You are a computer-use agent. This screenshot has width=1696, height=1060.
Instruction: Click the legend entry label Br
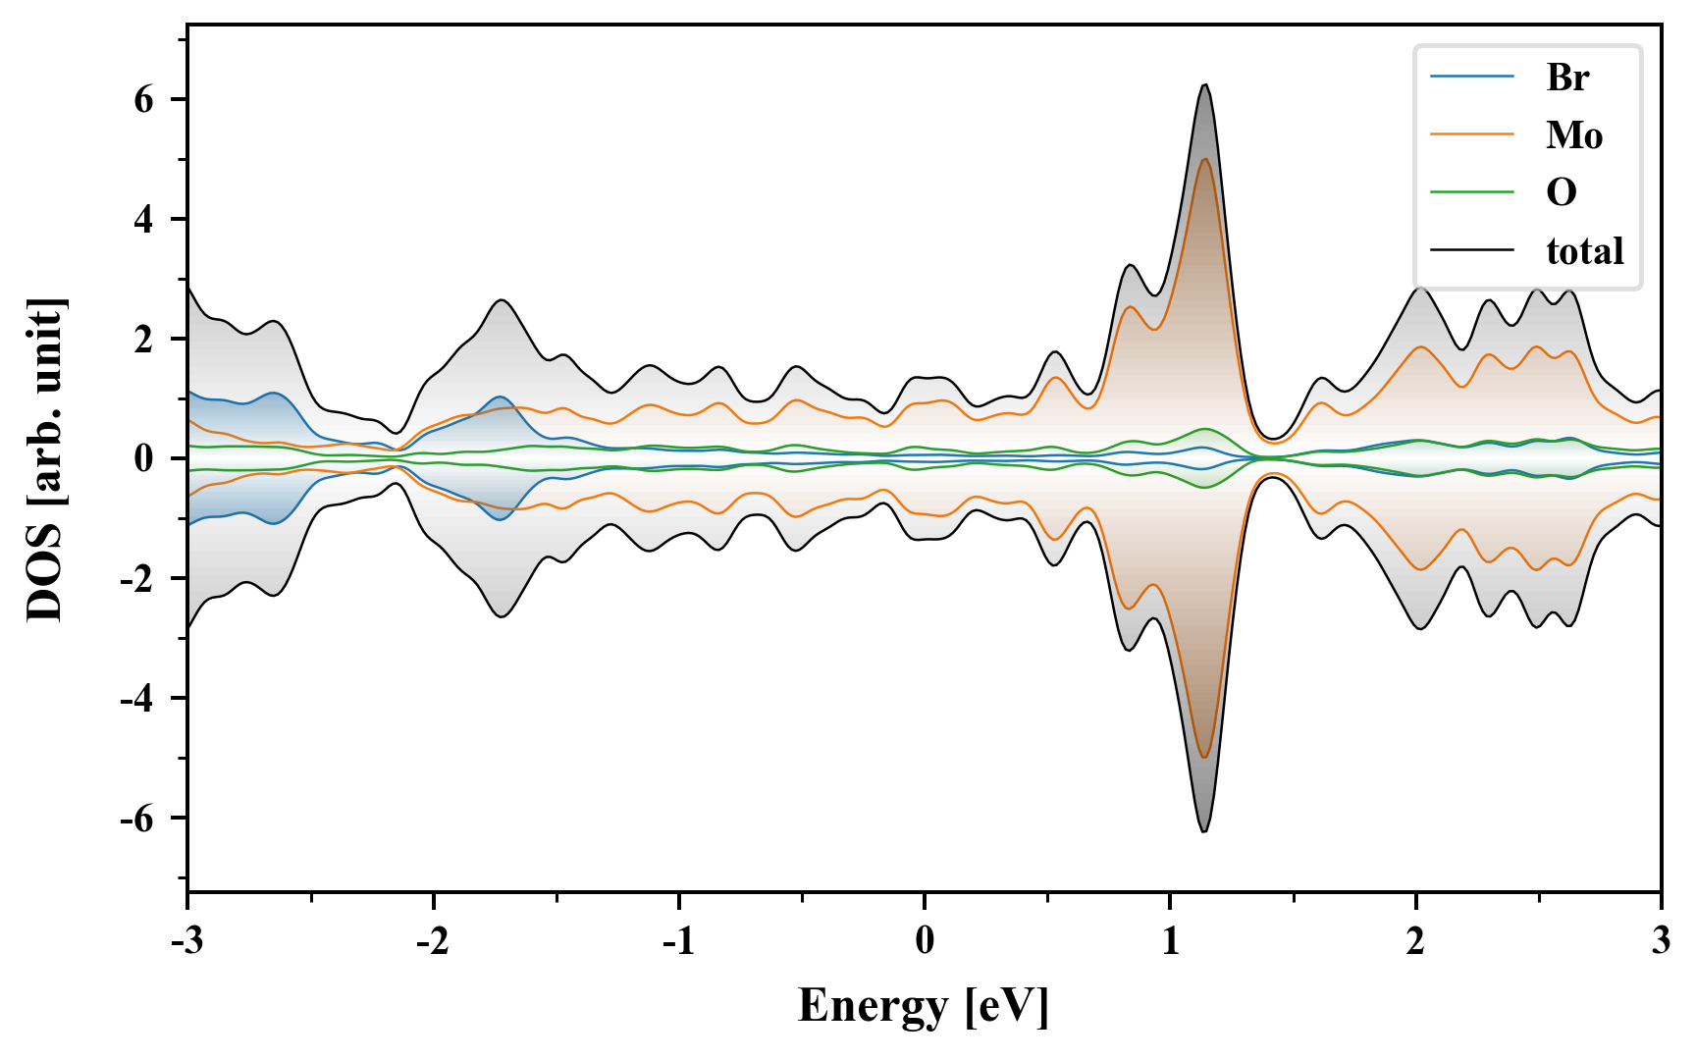click(x=1567, y=77)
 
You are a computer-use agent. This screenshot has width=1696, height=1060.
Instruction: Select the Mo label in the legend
click(x=1573, y=134)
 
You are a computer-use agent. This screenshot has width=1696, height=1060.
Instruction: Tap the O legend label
click(x=1562, y=192)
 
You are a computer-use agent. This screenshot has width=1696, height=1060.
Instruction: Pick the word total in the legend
click(x=1584, y=250)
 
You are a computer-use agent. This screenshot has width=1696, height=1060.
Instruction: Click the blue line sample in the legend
click(x=1471, y=77)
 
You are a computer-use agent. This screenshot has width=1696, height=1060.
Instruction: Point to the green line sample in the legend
click(x=1471, y=192)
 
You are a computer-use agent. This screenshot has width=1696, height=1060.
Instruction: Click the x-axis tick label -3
click(x=187, y=940)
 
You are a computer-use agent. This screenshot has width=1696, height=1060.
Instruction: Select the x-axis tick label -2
click(x=433, y=940)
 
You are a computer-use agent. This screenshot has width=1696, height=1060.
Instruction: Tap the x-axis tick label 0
click(x=925, y=940)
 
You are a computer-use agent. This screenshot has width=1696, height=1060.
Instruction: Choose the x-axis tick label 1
click(x=1170, y=940)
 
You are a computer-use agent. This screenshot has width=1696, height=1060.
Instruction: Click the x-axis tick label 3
click(x=1661, y=940)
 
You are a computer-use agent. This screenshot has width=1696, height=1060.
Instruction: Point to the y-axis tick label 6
click(x=144, y=99)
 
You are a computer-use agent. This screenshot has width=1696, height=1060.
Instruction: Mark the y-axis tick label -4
click(x=137, y=698)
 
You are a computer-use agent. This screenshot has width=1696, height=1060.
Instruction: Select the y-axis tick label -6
click(x=137, y=818)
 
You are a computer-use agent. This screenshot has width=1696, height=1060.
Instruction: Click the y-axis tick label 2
click(x=144, y=339)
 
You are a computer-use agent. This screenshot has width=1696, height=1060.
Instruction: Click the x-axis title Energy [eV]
click(x=924, y=1005)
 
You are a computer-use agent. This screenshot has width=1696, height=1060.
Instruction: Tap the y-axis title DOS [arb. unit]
click(x=45, y=458)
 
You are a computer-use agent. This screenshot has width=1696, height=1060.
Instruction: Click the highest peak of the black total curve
click(x=1204, y=85)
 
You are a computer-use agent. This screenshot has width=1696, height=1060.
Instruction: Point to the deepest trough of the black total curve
click(x=1204, y=831)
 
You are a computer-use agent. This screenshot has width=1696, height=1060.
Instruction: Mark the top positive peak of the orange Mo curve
click(x=1204, y=159)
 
